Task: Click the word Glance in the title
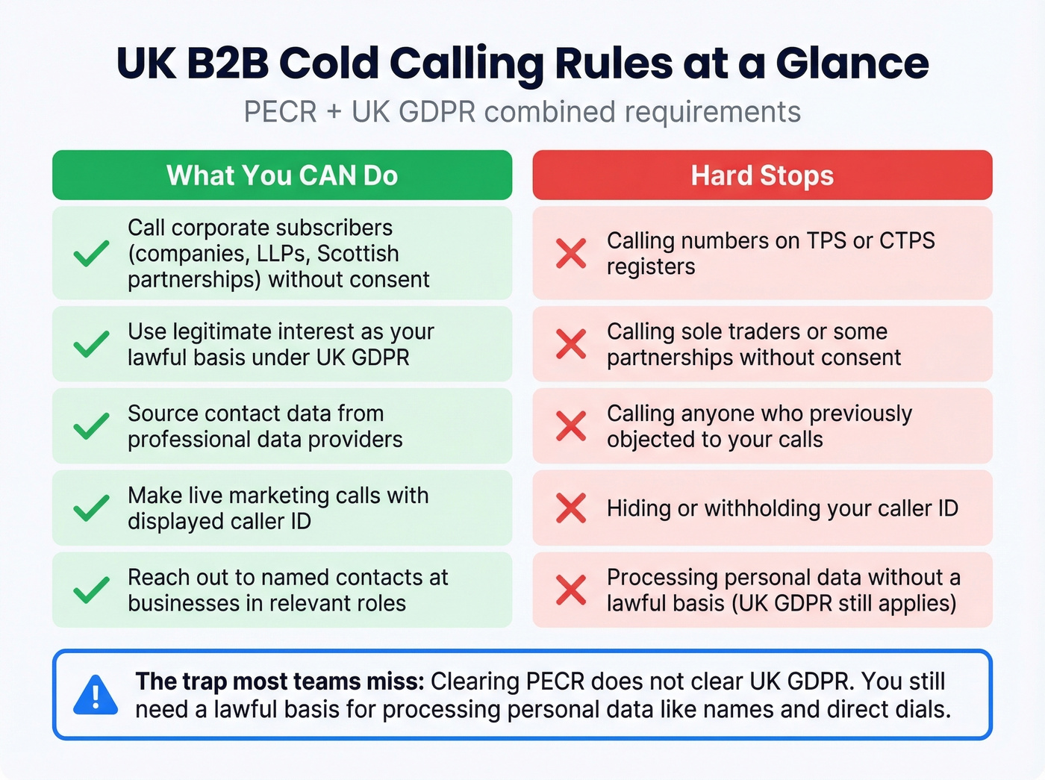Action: pyautogui.click(x=852, y=63)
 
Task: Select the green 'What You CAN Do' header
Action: pyautogui.click(x=282, y=175)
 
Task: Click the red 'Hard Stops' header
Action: pyautogui.click(x=762, y=175)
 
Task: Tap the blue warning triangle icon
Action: pyautogui.click(x=96, y=695)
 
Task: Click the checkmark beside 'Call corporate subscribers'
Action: pyautogui.click(x=91, y=253)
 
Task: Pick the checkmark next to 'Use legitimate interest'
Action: pyautogui.click(x=91, y=343)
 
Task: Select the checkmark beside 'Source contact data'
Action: pyautogui.click(x=91, y=425)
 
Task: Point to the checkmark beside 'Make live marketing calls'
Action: pyautogui.click(x=91, y=508)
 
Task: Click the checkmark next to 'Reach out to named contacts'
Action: pyautogui.click(x=91, y=590)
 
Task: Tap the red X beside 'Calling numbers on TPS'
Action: pyautogui.click(x=571, y=253)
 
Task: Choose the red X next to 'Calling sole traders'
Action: pyautogui.click(x=571, y=343)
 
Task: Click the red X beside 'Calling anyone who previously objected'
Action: pyautogui.click(x=571, y=425)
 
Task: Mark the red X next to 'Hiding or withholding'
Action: pyautogui.click(x=571, y=508)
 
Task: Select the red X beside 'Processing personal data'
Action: pyautogui.click(x=571, y=590)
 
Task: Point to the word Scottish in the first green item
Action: pyautogui.click(x=358, y=253)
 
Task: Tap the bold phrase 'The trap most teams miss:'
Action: pyautogui.click(x=280, y=681)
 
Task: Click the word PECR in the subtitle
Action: pyautogui.click(x=281, y=112)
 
